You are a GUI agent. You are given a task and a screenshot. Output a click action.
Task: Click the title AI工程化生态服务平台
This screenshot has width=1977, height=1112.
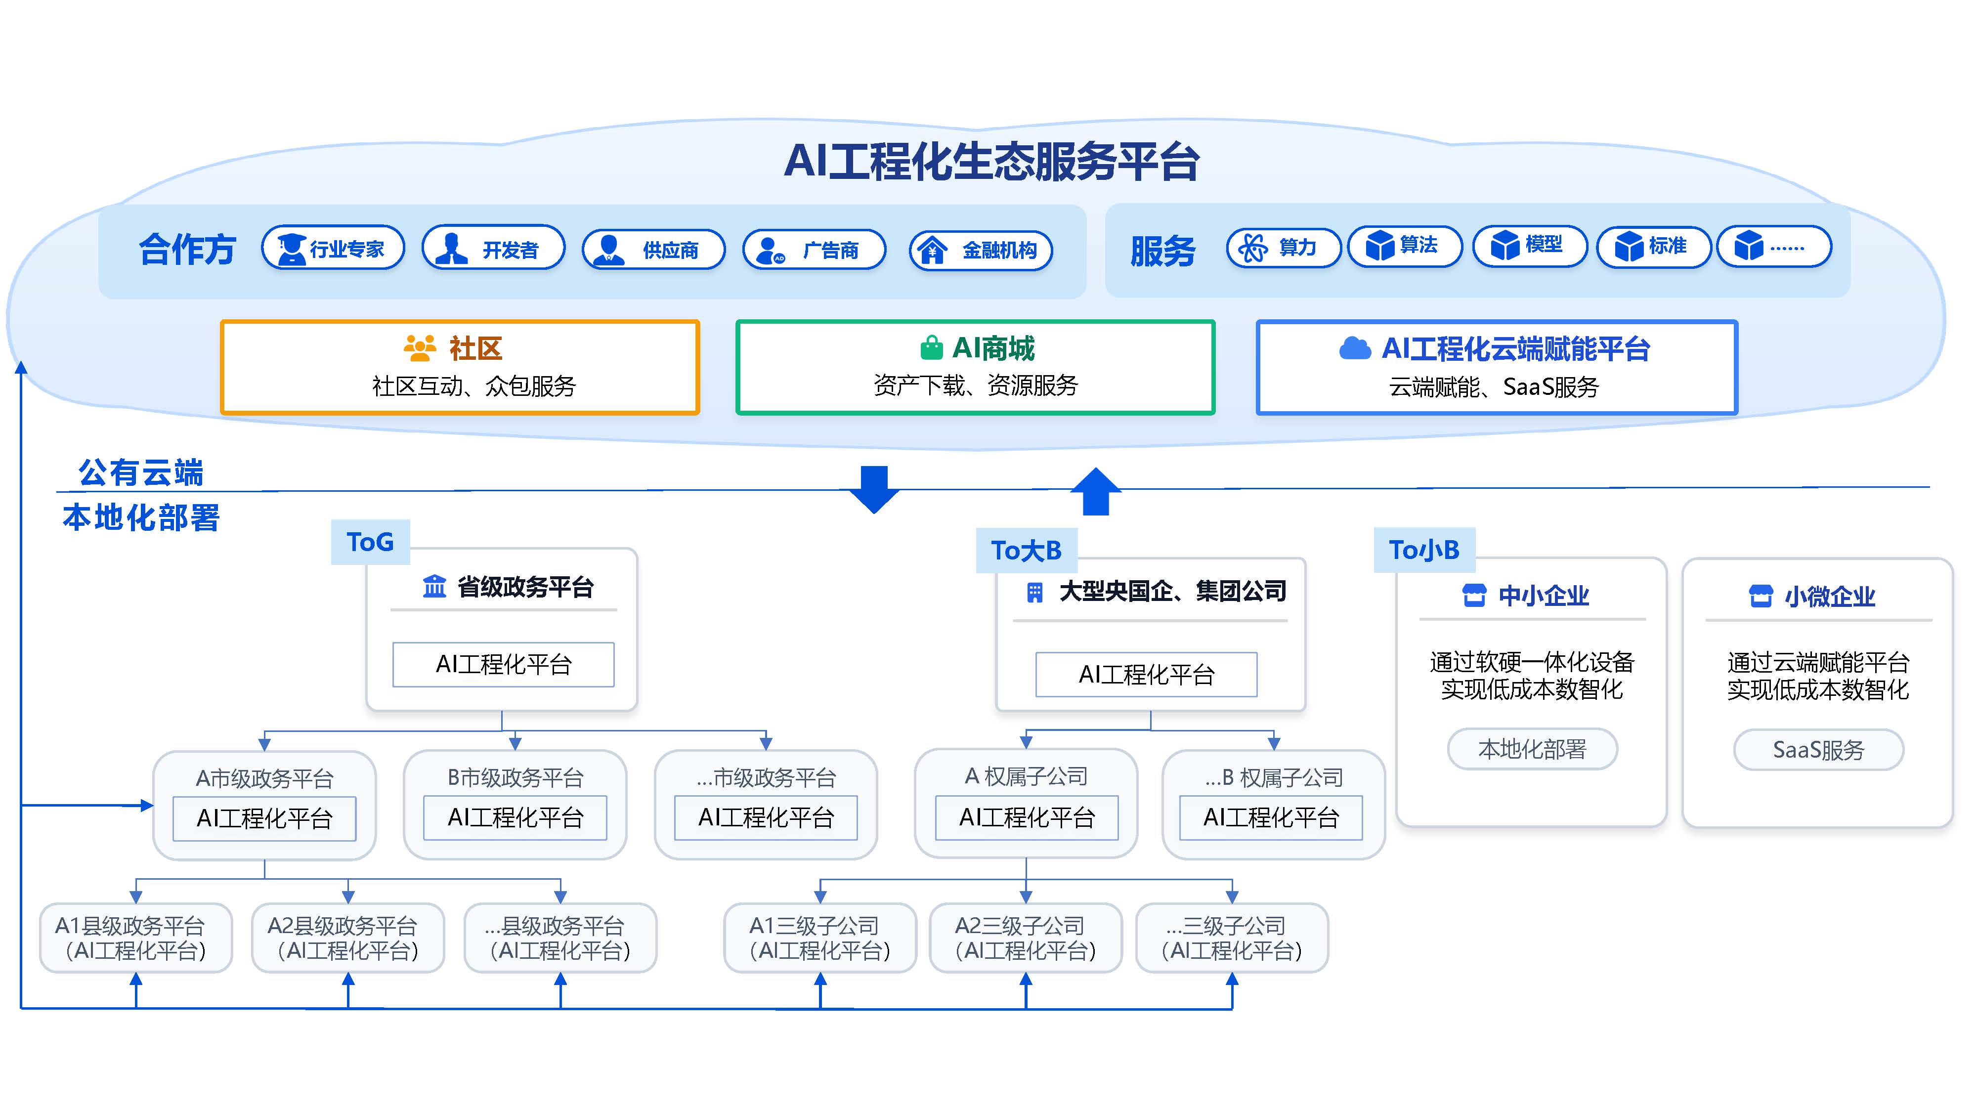[x=991, y=162]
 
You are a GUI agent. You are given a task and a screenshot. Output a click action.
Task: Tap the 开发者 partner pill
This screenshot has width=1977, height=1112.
[x=493, y=249]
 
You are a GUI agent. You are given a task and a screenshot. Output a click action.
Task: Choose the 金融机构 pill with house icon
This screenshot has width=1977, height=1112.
[x=980, y=250]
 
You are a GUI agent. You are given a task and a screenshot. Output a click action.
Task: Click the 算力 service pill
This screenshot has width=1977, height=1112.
[x=1283, y=247]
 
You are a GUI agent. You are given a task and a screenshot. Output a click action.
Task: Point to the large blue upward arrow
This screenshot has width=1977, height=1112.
[x=1095, y=491]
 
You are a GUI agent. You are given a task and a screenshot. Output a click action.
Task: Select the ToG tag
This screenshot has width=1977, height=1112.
[x=370, y=542]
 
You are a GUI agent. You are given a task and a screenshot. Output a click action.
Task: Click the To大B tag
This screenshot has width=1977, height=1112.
[x=1026, y=550]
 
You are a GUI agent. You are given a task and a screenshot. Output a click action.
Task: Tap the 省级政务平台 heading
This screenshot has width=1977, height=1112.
[x=525, y=587]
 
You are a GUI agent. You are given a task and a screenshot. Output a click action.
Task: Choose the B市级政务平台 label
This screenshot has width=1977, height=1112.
[x=515, y=778]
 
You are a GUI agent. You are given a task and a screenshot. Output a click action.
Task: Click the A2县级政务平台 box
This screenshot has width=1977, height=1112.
[x=347, y=938]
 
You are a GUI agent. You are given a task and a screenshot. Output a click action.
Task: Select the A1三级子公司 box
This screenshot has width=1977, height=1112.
[x=819, y=938]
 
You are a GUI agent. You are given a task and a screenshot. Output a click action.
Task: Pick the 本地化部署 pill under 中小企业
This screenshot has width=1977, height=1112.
[x=1532, y=749]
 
